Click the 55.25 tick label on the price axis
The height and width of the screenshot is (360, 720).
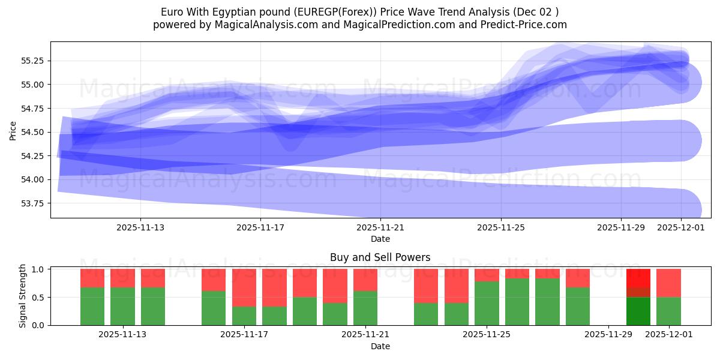[34, 61]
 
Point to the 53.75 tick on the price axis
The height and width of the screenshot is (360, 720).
[34, 203]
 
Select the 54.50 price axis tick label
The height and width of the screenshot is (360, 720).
[34, 132]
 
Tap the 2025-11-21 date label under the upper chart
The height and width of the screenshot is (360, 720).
[380, 228]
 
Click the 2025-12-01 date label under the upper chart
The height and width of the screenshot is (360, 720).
[681, 228]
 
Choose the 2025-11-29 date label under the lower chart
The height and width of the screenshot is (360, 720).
[608, 335]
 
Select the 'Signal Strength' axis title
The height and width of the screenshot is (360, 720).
[23, 296]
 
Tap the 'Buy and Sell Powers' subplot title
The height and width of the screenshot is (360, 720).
[380, 257]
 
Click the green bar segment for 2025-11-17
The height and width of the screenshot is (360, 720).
[244, 316]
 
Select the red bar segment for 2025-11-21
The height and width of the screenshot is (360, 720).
[365, 280]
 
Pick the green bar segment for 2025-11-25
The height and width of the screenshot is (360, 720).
[487, 303]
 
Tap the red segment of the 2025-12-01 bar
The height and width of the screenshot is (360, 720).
[668, 283]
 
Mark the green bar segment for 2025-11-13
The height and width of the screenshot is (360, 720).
[122, 306]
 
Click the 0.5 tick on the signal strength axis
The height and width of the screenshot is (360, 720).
[38, 297]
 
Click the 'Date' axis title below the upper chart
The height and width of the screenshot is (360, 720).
[380, 239]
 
